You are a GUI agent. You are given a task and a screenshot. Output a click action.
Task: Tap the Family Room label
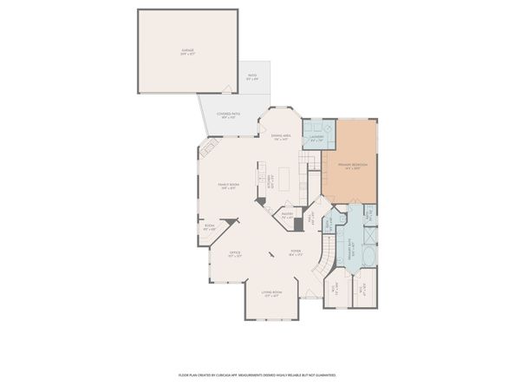pos(229,186)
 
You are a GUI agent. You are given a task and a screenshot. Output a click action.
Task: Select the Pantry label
pos(287,214)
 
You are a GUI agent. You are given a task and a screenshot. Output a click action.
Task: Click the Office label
pos(233,255)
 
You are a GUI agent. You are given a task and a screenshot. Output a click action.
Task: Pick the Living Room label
pos(271,293)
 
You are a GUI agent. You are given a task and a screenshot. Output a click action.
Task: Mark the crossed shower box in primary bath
pos(370,234)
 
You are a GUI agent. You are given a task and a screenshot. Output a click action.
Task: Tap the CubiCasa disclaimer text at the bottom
pos(257,375)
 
